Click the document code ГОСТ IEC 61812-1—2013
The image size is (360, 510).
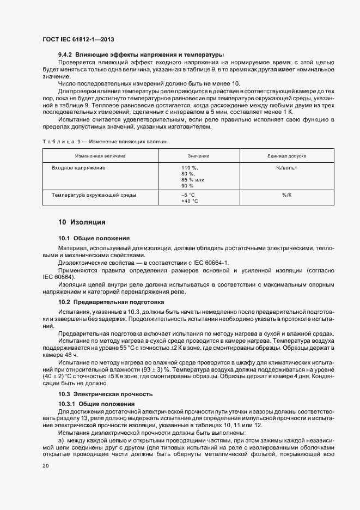(x=77, y=40)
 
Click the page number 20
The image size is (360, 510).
(x=45, y=466)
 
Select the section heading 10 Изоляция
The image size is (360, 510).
(x=82, y=222)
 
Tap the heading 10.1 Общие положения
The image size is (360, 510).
(x=94, y=238)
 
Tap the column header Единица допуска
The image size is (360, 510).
(x=286, y=156)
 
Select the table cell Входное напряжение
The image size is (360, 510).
(x=78, y=168)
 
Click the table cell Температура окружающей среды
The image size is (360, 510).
(x=94, y=195)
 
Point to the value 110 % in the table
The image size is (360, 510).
(x=190, y=168)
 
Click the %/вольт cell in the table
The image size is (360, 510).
(x=286, y=168)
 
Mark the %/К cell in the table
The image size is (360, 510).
(x=286, y=195)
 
